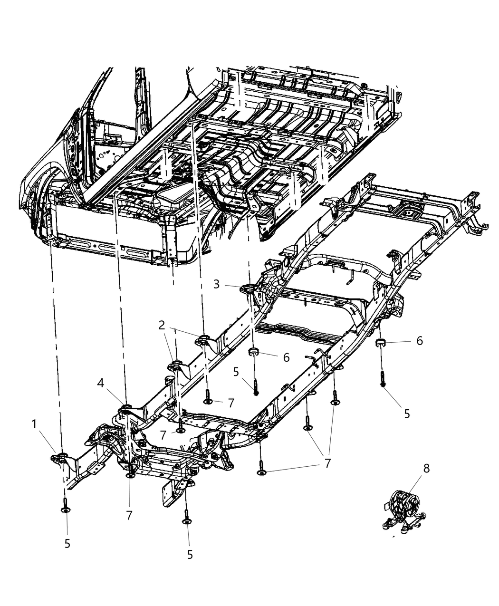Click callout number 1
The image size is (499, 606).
click(35, 424)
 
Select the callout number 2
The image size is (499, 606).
click(162, 326)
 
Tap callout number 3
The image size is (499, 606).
click(217, 284)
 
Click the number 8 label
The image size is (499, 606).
click(426, 469)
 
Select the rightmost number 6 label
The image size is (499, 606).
click(420, 341)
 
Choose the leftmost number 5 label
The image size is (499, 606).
click(67, 544)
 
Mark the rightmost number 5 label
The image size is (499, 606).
click(407, 414)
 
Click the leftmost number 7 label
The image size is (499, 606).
click(129, 515)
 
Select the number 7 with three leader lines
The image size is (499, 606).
click(327, 463)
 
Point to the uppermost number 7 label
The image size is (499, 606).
click(231, 403)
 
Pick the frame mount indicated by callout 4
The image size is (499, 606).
click(126, 408)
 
